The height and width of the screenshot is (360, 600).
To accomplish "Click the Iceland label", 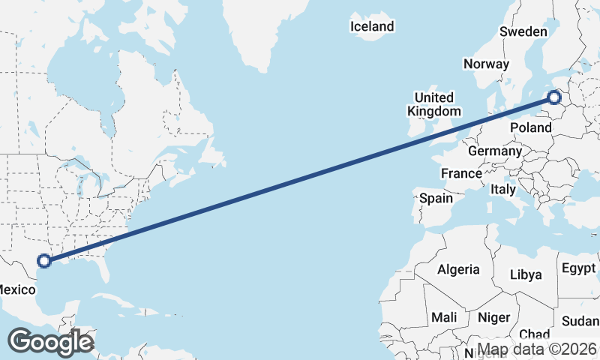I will click(372, 27).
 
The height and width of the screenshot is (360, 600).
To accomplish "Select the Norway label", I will click(486, 64).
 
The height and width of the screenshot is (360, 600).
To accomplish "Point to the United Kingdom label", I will click(434, 104).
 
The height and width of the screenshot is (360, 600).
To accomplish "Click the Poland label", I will click(531, 127).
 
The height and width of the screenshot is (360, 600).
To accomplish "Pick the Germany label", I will click(494, 151).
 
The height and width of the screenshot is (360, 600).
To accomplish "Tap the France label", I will click(461, 173).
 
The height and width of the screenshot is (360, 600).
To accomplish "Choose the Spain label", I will click(436, 199).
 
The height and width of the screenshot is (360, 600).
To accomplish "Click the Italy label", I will click(503, 190).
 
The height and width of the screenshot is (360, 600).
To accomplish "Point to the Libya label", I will click(526, 274).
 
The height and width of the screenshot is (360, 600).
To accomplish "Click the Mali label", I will click(444, 318).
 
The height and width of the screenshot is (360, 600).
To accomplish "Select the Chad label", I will click(534, 334).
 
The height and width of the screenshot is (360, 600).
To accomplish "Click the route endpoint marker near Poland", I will click(554, 97).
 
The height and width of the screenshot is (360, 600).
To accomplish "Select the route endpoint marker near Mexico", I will click(44, 261).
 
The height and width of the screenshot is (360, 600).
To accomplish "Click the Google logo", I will click(50, 342).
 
